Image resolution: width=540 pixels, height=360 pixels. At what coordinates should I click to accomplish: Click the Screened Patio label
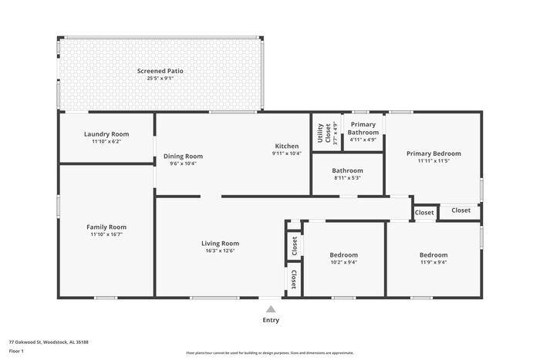[160, 71]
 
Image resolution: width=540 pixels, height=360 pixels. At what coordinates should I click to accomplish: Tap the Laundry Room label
[106, 134]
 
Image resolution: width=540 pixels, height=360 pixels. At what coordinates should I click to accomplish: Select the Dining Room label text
[183, 156]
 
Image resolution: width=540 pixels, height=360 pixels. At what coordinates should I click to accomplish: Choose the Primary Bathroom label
[363, 128]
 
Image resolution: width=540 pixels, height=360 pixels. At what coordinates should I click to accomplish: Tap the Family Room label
[106, 227]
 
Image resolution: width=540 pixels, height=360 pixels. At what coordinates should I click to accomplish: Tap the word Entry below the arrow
[271, 320]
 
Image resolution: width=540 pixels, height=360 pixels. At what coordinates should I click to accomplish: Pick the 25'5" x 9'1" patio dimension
[160, 78]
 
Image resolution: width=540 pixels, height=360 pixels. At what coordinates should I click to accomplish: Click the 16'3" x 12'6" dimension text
[220, 251]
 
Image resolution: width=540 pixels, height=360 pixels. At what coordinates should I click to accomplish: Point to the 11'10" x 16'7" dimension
[106, 234]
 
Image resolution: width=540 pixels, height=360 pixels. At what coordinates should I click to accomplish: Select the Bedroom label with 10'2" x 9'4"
[343, 255]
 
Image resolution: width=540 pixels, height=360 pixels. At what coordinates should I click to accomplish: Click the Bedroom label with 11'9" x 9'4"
[433, 255]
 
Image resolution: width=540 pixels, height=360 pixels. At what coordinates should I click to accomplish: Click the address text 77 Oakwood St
[49, 341]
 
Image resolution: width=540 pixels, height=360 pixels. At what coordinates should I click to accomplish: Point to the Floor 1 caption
[17, 351]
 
